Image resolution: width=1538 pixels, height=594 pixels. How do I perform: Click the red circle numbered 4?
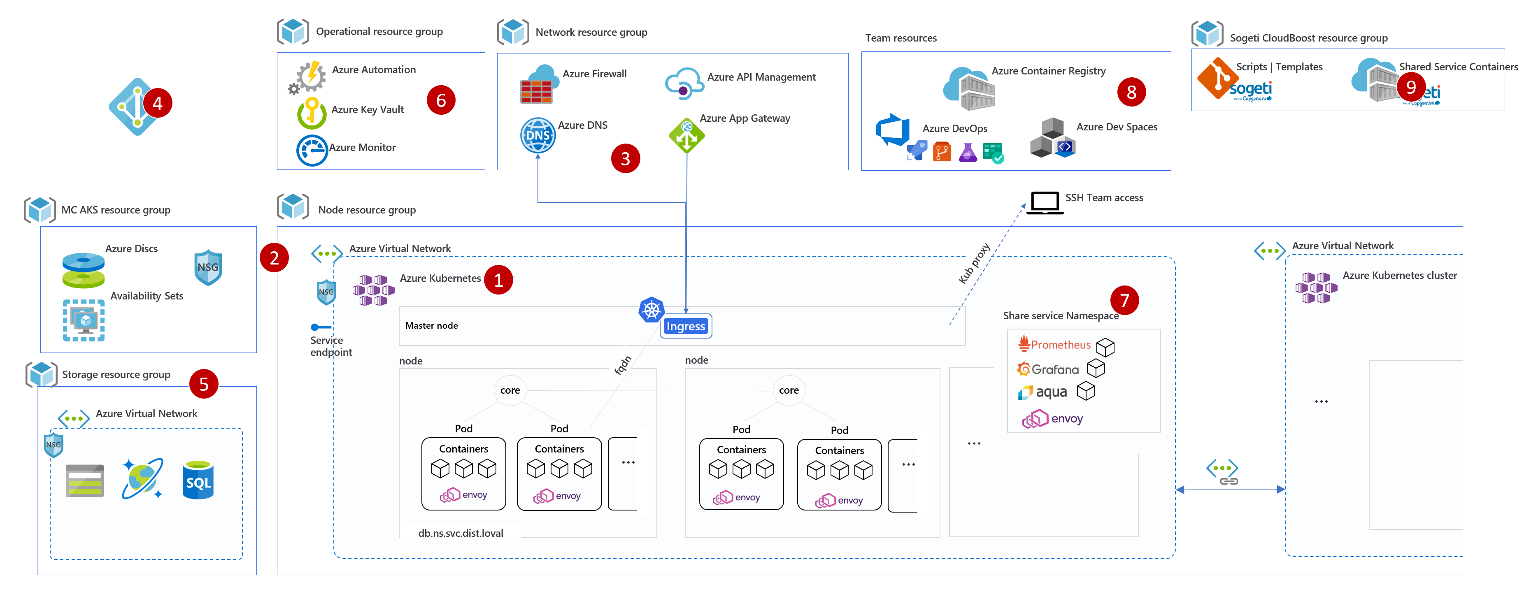coord(158,103)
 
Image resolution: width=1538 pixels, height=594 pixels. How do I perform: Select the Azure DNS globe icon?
coord(537,135)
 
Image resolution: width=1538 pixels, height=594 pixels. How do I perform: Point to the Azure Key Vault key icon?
coord(311,112)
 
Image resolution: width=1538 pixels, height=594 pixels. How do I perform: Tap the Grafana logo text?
coord(1054,369)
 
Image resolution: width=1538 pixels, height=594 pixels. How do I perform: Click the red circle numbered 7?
coord(1124,300)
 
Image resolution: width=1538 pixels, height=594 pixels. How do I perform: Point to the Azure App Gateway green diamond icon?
coord(686,135)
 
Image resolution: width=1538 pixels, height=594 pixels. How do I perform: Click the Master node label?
coord(431,326)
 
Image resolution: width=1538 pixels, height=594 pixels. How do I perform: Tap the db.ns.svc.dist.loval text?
coord(460,533)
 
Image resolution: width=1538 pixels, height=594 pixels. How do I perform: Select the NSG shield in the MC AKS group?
coord(208,267)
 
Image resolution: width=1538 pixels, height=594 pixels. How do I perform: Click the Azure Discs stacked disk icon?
coord(84,270)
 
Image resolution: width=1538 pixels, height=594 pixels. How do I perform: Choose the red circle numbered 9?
coord(1411,87)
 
